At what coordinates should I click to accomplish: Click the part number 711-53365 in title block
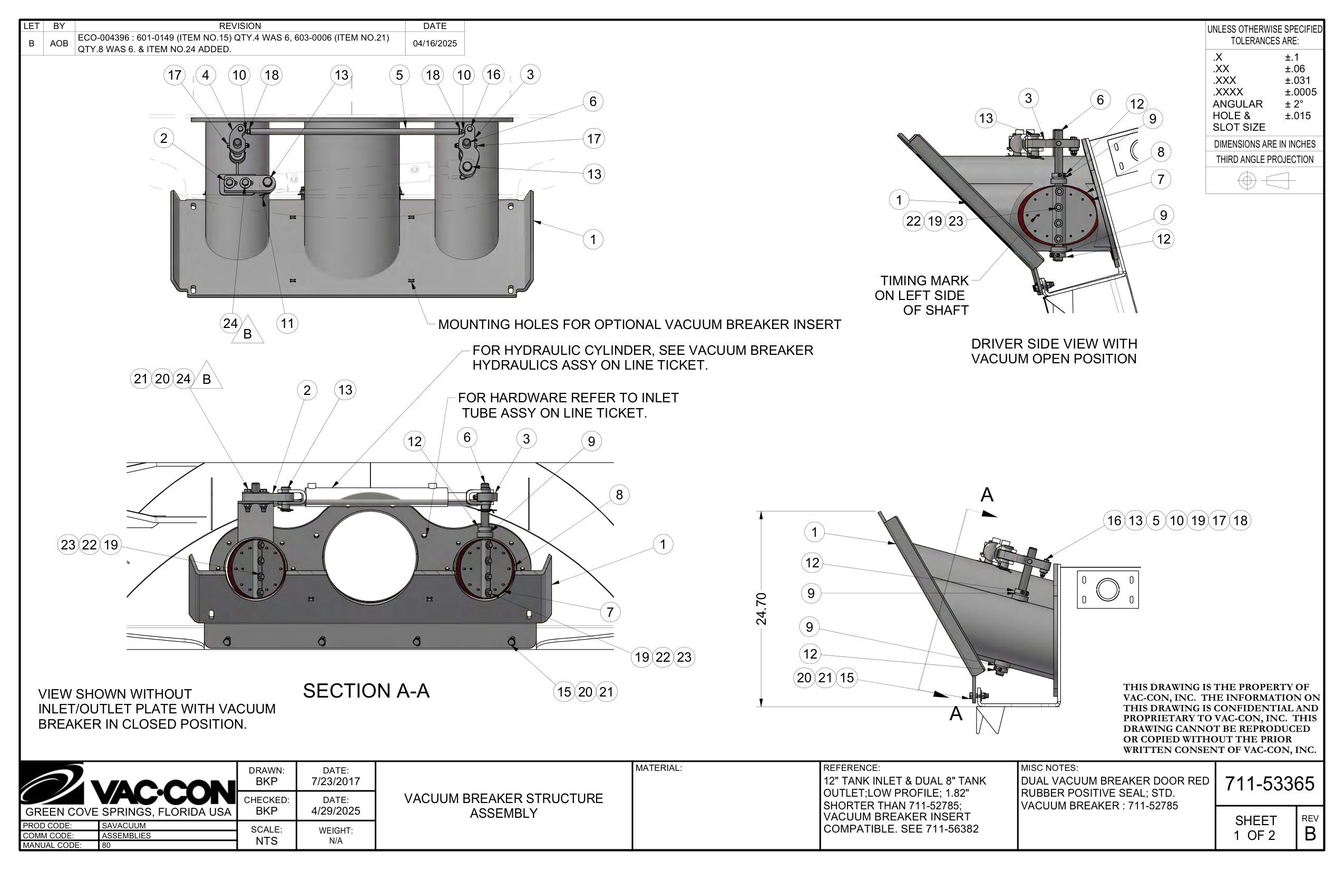point(1269,784)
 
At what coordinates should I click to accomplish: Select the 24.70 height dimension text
point(761,609)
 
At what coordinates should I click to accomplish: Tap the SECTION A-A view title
point(366,690)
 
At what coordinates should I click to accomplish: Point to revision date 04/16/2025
point(434,43)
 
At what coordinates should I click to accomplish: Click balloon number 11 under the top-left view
point(287,323)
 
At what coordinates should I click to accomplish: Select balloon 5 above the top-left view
point(400,75)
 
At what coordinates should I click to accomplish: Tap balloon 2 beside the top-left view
point(164,138)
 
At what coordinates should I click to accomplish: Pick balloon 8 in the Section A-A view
point(619,495)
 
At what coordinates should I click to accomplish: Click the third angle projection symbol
point(1264,181)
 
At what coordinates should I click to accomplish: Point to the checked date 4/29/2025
point(335,811)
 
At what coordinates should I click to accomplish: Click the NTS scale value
point(266,840)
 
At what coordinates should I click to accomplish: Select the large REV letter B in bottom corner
point(1310,834)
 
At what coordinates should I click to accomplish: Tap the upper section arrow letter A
point(987,495)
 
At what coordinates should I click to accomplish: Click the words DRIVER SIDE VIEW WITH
point(1054,343)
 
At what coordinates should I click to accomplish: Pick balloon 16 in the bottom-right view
point(1114,520)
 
